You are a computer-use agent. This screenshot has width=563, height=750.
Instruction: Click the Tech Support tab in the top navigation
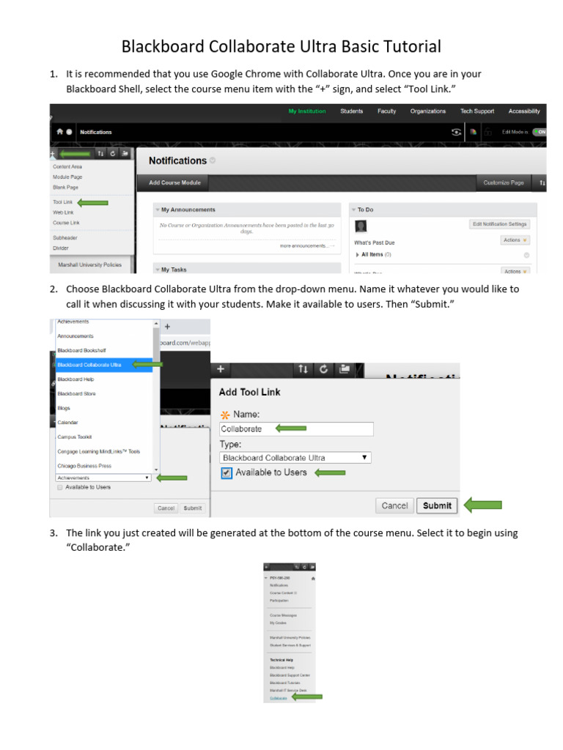[476, 111]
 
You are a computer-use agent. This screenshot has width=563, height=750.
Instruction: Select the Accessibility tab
[524, 111]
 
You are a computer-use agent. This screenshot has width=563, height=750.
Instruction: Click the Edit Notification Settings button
[499, 224]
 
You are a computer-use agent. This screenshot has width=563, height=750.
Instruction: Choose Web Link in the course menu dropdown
[63, 212]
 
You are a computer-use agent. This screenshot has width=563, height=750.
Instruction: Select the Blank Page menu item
[65, 187]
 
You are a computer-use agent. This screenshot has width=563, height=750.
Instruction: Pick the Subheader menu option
[65, 238]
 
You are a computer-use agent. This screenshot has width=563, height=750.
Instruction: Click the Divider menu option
[61, 248]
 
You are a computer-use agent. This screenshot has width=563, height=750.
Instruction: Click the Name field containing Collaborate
[296, 429]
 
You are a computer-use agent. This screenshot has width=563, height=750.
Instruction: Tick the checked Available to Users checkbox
[227, 473]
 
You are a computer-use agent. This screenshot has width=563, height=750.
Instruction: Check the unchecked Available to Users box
[59, 487]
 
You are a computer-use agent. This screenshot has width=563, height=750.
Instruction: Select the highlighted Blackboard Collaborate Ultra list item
[89, 365]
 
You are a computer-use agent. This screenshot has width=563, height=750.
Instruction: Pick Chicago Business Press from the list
[84, 466]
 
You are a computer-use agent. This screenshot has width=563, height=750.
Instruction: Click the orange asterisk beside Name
[225, 415]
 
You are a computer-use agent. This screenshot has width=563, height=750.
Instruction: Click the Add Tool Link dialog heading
[249, 392]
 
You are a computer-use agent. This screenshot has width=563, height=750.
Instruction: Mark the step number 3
[54, 533]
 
